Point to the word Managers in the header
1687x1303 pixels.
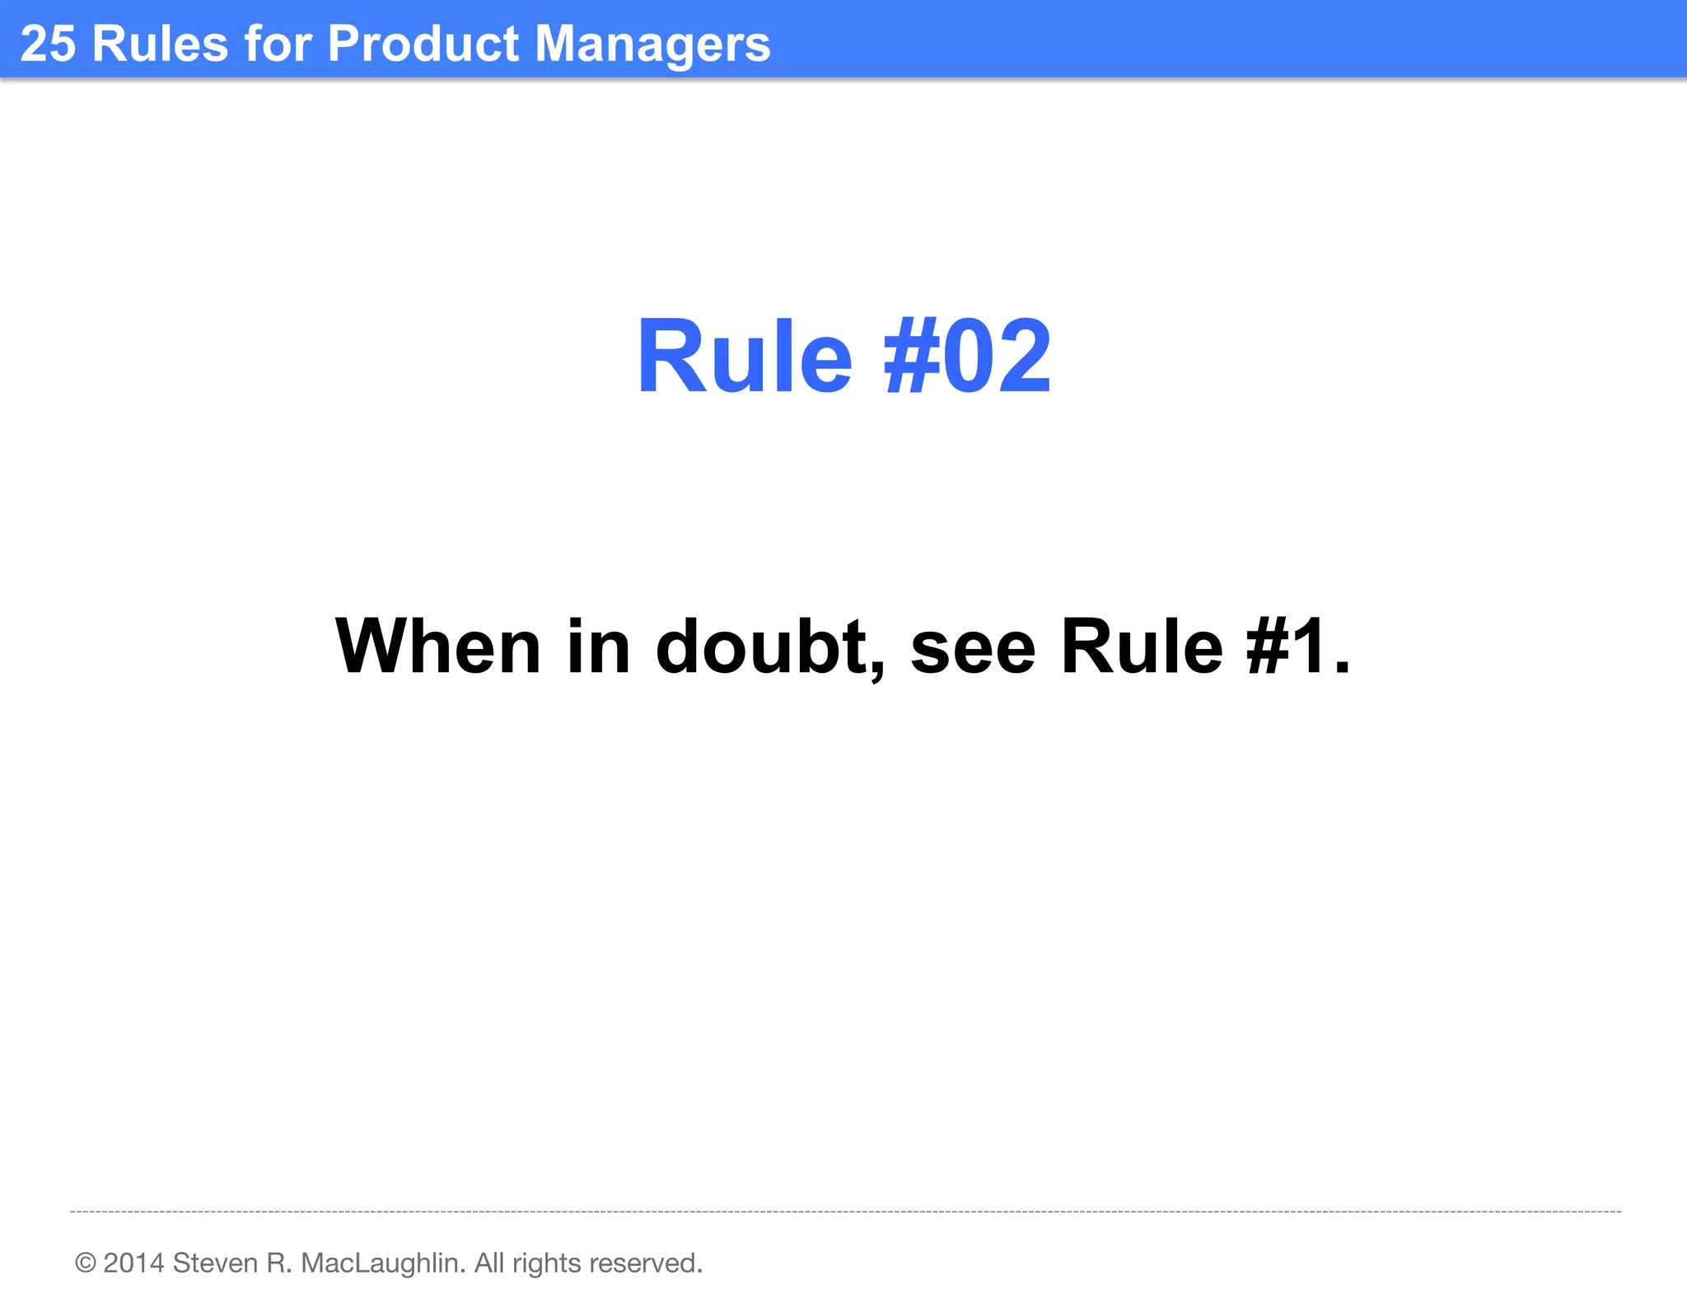652,44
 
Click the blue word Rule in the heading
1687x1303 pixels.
744,357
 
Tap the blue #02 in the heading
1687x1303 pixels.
967,357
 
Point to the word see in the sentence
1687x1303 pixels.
972,648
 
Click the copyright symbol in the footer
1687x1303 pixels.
85,1263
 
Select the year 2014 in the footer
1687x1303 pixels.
133,1263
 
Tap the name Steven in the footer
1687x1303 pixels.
215,1263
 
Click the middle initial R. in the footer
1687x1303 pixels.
278,1263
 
